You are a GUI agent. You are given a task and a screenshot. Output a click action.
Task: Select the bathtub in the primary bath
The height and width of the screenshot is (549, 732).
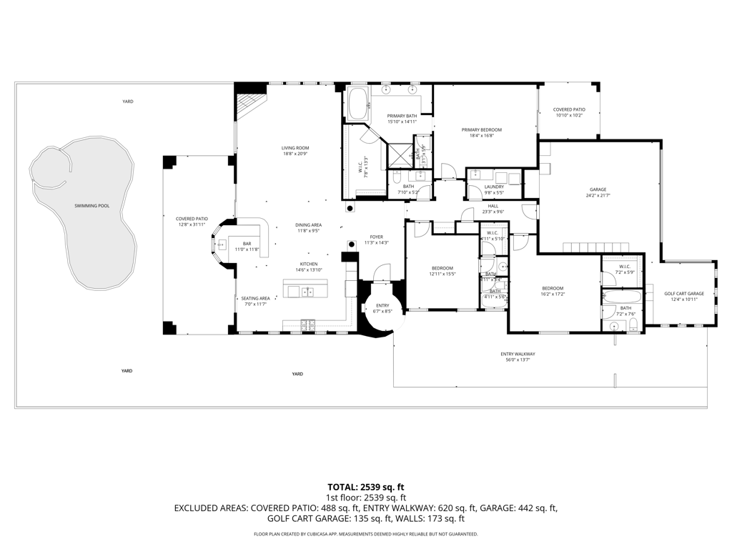tap(357, 104)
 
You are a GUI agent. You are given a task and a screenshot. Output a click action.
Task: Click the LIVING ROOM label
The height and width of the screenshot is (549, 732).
tap(295, 148)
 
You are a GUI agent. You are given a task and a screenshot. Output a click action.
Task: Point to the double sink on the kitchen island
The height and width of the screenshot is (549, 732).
tap(307, 292)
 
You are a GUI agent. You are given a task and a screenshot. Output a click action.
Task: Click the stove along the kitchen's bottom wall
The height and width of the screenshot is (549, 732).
tap(308, 325)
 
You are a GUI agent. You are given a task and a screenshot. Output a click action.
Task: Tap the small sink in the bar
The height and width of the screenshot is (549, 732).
tap(222, 244)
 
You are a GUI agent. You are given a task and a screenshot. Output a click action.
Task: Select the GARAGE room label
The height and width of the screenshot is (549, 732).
tap(598, 190)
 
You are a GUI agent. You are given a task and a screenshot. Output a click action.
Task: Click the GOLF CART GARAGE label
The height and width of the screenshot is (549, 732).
tap(684, 294)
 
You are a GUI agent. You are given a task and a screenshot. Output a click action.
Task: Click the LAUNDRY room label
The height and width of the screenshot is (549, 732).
tap(495, 187)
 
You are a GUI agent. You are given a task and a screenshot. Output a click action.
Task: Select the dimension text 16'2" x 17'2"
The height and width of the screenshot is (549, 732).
tap(552, 294)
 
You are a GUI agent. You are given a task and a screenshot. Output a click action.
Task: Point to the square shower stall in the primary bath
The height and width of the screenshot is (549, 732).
tap(400, 152)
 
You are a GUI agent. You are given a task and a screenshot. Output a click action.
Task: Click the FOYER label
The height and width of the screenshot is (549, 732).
tap(376, 237)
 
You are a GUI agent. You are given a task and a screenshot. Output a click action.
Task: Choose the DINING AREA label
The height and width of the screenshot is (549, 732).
tap(308, 225)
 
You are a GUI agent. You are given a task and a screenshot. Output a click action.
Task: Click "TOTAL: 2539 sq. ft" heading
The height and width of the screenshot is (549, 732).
tap(365, 486)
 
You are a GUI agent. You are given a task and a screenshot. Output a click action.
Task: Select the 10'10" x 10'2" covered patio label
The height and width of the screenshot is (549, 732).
tap(569, 109)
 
